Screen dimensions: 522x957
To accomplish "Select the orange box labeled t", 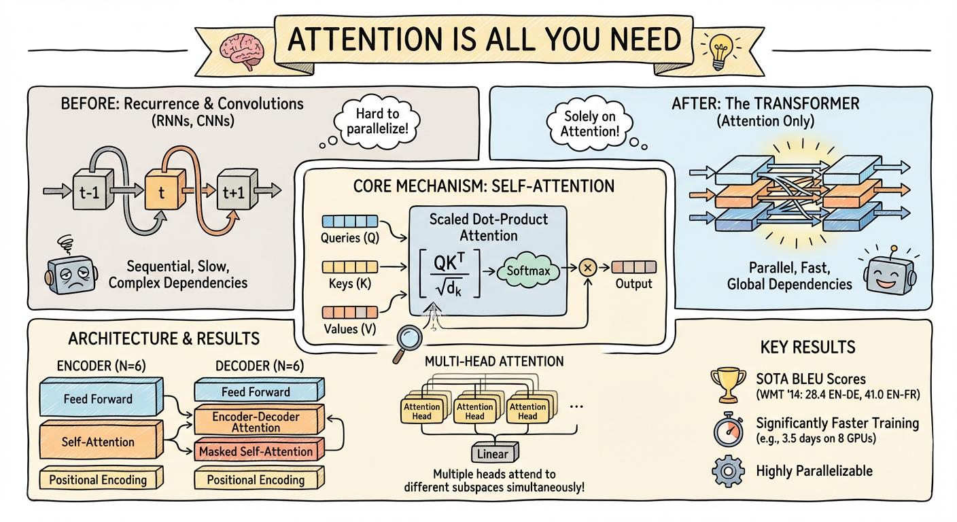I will coord(162,191).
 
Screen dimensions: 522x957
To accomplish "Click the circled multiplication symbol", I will coord(589,268).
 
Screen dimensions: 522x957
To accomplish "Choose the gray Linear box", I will coord(494,452).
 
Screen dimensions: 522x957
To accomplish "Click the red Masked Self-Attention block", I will coord(256,451).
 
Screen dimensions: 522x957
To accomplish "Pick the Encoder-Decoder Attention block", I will coord(256,421).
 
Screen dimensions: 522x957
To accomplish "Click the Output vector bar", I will coord(633,267).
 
